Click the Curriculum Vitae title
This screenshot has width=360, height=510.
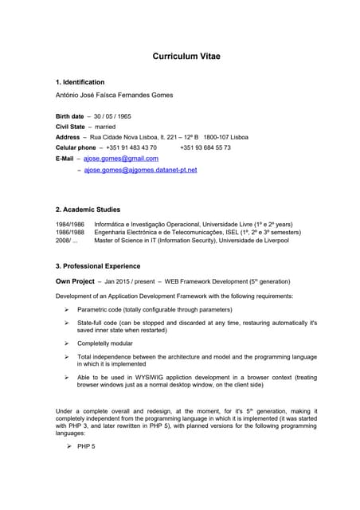(186, 57)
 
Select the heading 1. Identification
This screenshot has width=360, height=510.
(80, 82)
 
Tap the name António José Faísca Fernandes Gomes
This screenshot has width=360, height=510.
(114, 95)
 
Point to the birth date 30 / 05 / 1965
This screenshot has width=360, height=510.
(112, 116)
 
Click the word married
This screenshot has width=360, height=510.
(106, 127)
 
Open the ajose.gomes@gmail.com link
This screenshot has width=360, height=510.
(120, 159)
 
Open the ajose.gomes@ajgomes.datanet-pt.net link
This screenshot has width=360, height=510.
(139, 170)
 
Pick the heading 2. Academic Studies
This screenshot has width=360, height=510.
(88, 210)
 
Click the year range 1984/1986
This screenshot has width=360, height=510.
(69, 225)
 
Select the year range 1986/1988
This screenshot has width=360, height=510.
(69, 232)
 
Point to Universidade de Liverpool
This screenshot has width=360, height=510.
(253, 239)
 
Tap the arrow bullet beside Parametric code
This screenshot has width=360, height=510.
(67, 309)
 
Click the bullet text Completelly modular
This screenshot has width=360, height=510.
(105, 343)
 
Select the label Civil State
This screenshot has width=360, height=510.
(70, 127)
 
